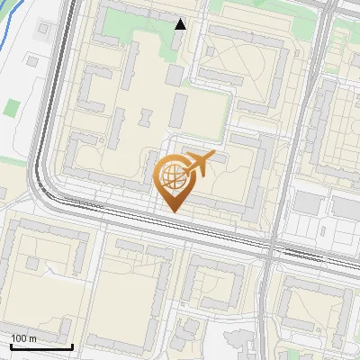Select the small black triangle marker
pos(181,24)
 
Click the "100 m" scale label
pos(23,337)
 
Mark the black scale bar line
pos(41,346)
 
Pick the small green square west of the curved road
pos(10,107)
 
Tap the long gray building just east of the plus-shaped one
pos(178,108)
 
